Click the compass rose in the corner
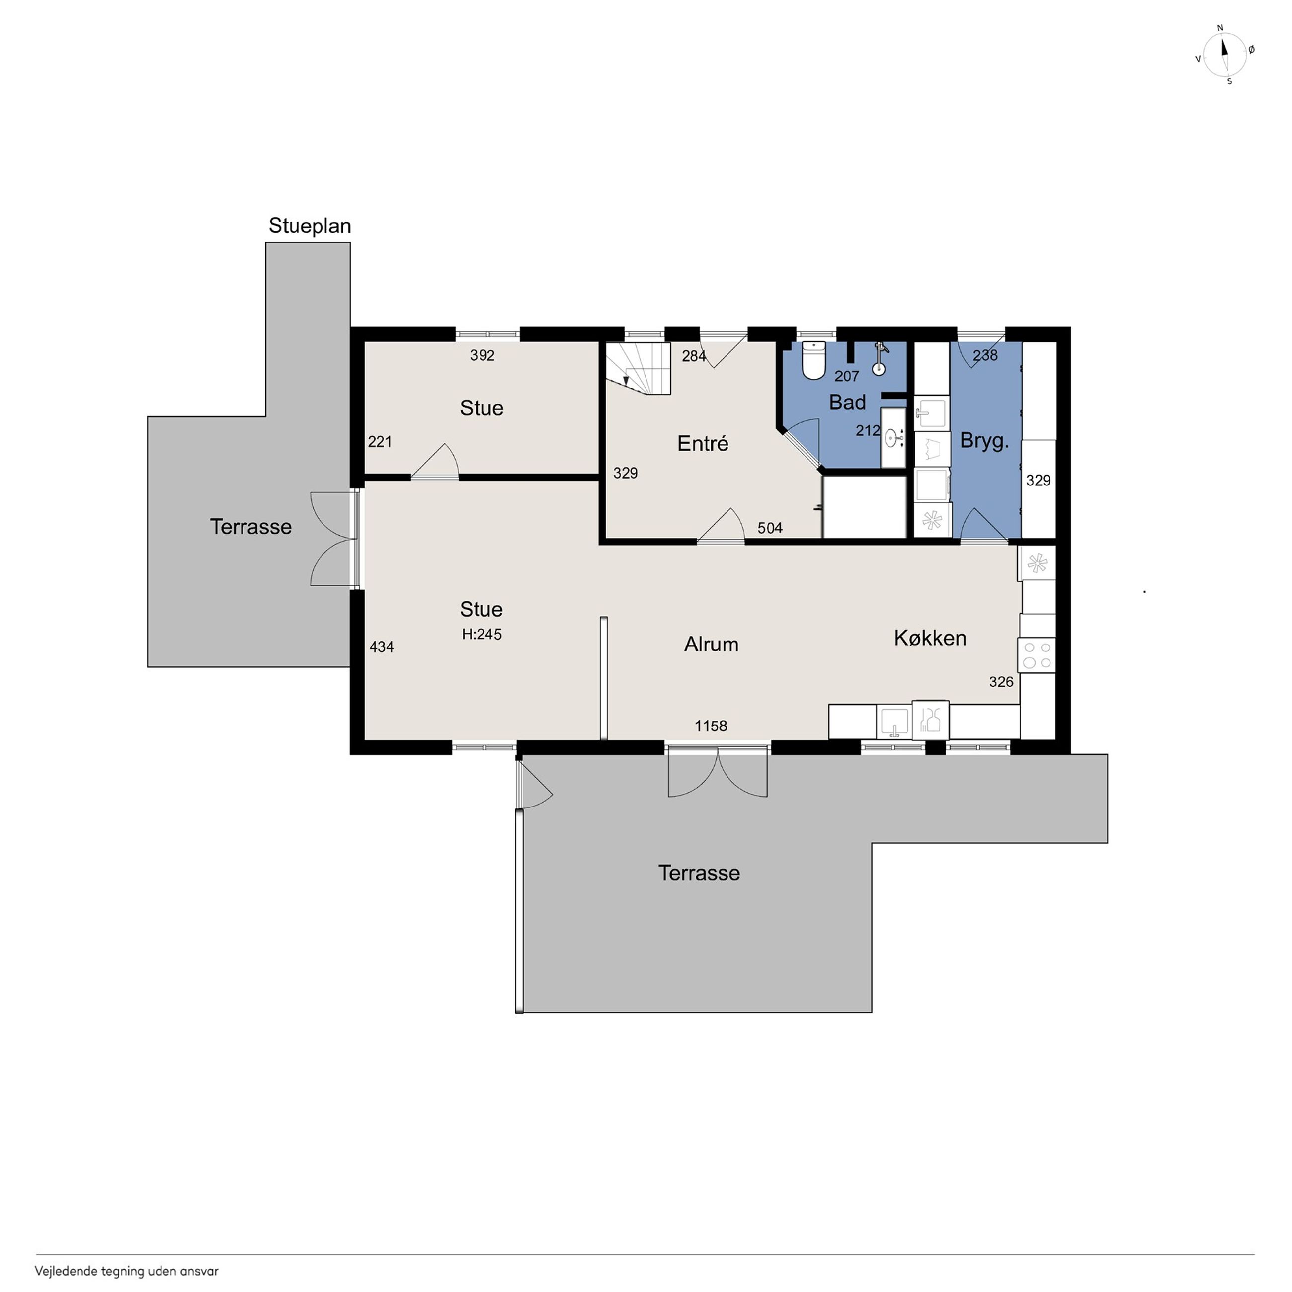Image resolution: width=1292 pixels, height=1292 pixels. point(1224,55)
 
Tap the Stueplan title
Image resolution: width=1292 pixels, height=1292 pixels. point(310,226)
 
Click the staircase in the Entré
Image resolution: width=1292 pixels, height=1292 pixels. point(638,369)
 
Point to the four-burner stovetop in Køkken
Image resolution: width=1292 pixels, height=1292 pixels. point(1037,654)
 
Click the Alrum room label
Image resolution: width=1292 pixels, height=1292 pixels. point(711,644)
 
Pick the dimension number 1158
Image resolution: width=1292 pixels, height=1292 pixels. point(711,726)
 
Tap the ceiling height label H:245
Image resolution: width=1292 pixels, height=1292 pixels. point(482,634)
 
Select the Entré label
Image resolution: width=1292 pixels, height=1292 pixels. point(702,443)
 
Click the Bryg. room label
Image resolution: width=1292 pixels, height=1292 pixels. point(984,441)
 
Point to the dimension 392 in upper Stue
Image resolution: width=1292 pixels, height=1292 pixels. point(482,355)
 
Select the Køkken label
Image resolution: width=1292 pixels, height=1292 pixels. point(930,638)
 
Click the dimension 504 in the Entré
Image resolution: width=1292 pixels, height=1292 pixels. point(770,528)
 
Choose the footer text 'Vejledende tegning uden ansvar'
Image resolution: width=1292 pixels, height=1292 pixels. point(126,1271)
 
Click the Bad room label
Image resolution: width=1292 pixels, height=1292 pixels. point(847,402)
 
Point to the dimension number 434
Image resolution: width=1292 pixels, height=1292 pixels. point(382,646)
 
